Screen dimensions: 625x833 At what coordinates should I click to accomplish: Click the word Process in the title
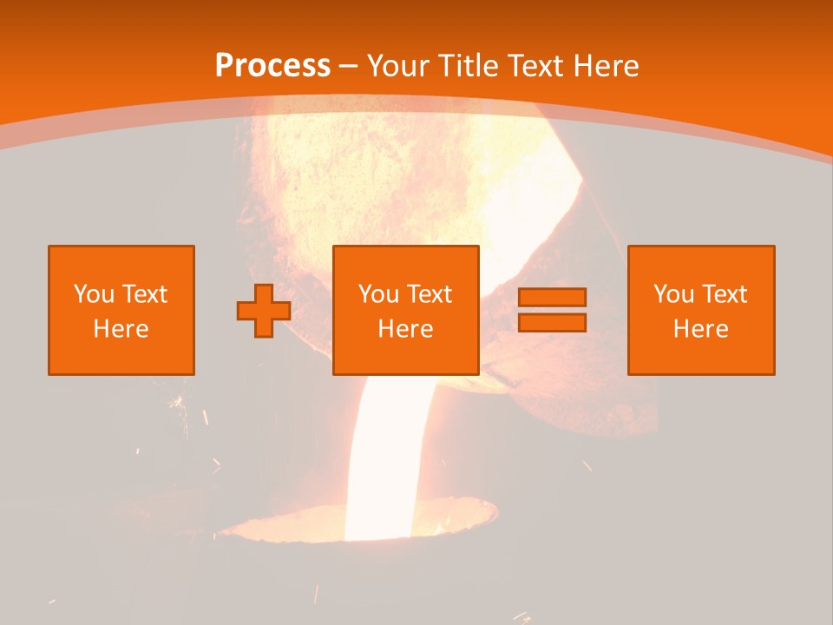(x=272, y=65)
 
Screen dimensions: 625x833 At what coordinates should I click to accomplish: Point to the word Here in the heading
(x=607, y=65)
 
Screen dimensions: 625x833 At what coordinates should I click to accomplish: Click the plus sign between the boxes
(x=264, y=311)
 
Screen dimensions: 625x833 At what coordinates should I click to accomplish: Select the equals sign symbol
(x=552, y=310)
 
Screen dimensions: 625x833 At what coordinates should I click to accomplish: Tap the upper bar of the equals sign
(x=552, y=298)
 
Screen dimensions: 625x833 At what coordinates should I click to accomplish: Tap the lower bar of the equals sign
(x=552, y=322)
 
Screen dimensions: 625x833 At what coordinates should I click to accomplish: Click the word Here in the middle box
(x=406, y=329)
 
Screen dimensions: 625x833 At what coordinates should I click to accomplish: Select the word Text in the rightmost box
(x=726, y=294)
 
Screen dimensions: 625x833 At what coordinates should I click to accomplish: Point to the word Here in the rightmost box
(x=701, y=329)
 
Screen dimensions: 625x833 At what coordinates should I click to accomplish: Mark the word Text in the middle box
(x=431, y=294)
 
